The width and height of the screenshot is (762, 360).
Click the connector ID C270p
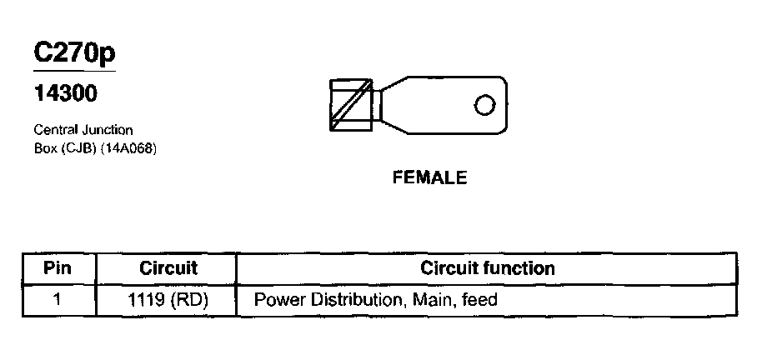(74, 52)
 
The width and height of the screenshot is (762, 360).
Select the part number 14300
(65, 94)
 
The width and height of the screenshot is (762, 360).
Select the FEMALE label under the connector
(429, 177)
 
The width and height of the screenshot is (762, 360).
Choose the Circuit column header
(168, 268)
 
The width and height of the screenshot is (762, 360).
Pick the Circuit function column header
(488, 268)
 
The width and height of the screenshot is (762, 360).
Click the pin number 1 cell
(58, 298)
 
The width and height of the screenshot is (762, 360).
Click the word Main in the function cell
(429, 299)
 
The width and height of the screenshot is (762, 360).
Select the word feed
(479, 299)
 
